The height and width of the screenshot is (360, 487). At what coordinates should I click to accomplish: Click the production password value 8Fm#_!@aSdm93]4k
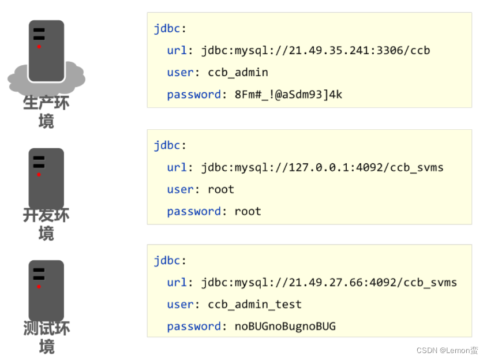[289, 95]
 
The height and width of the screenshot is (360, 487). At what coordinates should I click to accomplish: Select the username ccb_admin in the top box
[238, 73]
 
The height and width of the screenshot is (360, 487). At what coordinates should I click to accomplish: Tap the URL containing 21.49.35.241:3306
[316, 51]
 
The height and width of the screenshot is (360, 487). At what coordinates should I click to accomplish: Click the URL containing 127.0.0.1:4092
[322, 168]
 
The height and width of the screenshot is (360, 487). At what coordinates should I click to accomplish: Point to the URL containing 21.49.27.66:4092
[329, 283]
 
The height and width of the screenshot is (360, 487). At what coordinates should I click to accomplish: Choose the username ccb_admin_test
[254, 305]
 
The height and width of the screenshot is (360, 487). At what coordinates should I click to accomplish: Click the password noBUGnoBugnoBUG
[285, 327]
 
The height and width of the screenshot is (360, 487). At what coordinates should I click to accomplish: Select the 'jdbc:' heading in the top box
[170, 29]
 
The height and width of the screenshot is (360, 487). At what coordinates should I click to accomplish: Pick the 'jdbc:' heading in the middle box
[170, 145]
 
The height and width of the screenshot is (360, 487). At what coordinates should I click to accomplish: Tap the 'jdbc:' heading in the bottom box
[170, 261]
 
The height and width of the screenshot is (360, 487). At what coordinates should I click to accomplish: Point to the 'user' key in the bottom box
[180, 305]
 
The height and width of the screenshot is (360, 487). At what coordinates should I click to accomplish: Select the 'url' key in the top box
[177, 51]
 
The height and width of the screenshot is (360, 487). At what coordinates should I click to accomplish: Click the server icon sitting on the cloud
[46, 52]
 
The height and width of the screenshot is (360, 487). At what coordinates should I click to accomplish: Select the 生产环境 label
[46, 111]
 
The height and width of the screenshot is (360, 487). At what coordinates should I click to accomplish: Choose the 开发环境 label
[46, 224]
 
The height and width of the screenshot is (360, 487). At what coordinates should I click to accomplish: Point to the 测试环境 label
[46, 337]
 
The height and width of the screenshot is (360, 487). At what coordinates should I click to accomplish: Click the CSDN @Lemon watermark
[439, 350]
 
